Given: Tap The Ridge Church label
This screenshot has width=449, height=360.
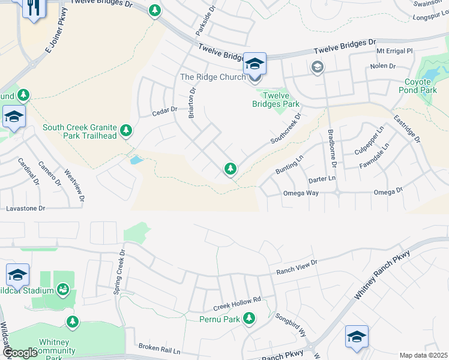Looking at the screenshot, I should point(213,77).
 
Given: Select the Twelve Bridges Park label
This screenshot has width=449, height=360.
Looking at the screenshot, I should point(278,100).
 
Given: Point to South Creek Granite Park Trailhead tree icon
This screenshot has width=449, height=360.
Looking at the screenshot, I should point(126,130).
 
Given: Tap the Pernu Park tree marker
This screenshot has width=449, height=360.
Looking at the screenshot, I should point(249,319).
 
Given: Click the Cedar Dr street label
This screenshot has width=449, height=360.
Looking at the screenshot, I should point(164,110).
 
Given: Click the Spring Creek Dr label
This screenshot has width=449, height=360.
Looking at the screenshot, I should point(119,271).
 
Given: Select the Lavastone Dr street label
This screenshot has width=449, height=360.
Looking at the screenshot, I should point(26,208).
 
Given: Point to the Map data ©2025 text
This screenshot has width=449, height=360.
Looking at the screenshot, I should point(423,355).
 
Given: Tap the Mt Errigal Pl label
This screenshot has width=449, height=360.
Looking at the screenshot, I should point(395,52).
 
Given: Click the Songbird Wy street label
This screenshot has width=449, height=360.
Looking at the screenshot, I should point(291,324).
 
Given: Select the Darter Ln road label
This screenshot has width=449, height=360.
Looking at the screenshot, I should point(322,179).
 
